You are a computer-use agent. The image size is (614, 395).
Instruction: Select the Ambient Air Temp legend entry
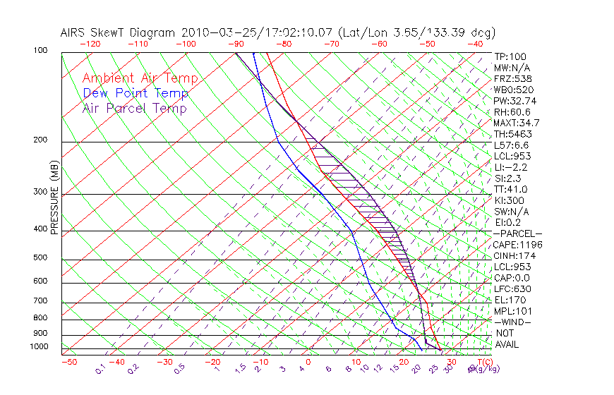click(140, 78)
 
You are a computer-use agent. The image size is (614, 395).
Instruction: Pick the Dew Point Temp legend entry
click(136, 93)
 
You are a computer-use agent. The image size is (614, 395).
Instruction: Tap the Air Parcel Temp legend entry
click(135, 108)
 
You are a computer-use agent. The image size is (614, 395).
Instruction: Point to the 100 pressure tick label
click(40, 51)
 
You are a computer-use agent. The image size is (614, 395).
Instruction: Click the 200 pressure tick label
click(40, 140)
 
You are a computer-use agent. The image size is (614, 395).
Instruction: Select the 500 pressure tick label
click(40, 258)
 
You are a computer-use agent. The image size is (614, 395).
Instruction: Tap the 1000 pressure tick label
click(38, 347)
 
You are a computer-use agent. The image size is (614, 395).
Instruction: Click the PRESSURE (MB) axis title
click(54, 198)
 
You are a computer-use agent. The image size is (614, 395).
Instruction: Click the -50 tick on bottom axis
click(68, 362)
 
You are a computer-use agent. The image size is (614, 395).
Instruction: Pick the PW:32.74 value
click(514, 101)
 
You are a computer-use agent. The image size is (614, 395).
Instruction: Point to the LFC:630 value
click(512, 289)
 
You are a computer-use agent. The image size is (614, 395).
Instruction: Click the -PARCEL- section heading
click(517, 233)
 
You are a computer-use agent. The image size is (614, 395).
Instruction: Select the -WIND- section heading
click(512, 322)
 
